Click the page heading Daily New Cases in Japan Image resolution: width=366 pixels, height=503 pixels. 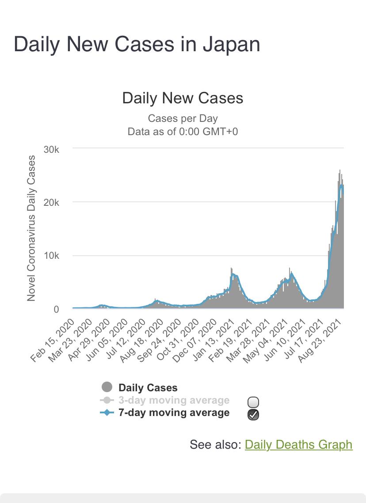(137, 45)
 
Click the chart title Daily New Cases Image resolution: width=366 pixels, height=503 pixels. (183, 98)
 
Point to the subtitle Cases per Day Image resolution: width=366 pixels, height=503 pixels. (183, 118)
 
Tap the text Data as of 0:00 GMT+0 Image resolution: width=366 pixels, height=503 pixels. (183, 132)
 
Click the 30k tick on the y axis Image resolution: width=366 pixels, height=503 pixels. (52, 149)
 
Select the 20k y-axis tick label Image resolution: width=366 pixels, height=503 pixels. (52, 202)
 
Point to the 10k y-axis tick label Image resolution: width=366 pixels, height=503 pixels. (52, 256)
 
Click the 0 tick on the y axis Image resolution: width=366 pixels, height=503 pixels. (56, 309)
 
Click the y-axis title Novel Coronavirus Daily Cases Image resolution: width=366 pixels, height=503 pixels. (31, 228)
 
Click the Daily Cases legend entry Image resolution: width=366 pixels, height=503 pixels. (148, 388)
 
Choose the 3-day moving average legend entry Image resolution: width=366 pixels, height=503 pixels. (174, 401)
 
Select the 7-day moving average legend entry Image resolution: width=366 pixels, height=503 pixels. (174, 413)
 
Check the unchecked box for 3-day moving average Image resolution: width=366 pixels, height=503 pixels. (253, 402)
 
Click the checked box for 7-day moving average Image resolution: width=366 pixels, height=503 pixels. (253, 414)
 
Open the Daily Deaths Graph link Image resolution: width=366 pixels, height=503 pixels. (298, 444)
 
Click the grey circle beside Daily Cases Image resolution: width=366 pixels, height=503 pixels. (107, 387)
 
